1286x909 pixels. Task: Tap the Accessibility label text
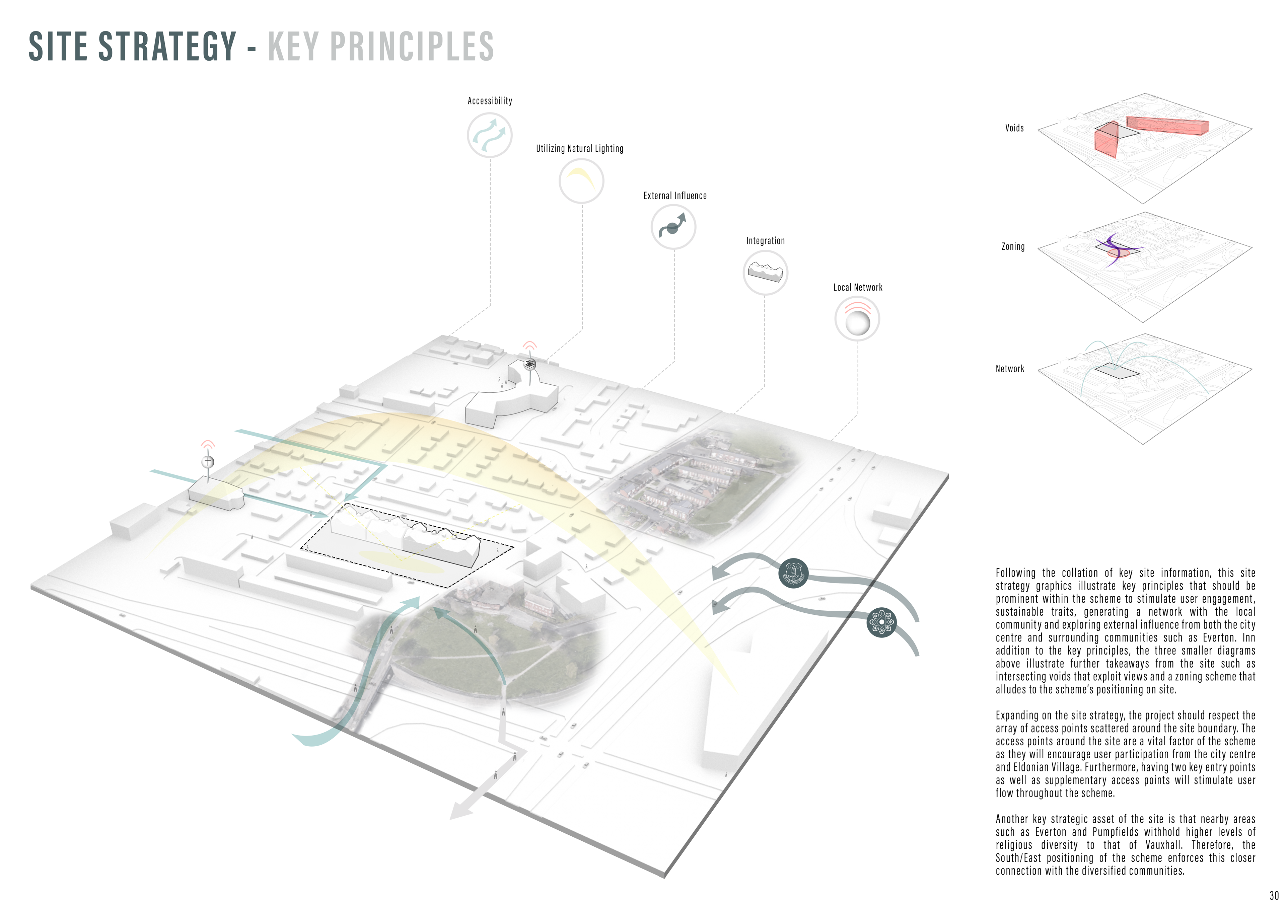point(490,101)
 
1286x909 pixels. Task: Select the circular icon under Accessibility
point(490,135)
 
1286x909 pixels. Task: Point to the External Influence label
point(674,196)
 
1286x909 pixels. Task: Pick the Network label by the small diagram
point(1009,369)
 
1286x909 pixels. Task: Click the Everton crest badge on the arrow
point(793,574)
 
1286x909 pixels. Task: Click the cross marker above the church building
point(208,461)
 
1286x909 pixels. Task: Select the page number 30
point(1274,896)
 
